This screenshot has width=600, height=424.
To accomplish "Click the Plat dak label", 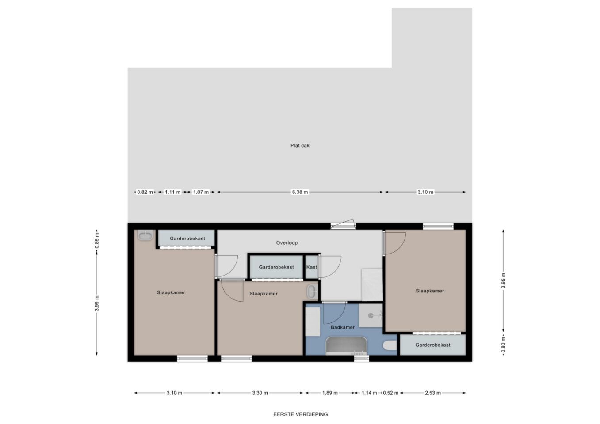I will [x=300, y=145].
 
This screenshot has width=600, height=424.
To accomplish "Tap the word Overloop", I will [x=287, y=243].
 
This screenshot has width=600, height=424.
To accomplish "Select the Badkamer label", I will [x=343, y=327].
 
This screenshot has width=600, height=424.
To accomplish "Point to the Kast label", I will [x=312, y=267].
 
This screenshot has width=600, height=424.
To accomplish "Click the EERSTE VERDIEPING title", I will [x=300, y=414].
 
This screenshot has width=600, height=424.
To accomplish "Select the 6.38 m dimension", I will [x=300, y=192].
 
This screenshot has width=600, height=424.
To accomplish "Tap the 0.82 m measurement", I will [x=145, y=192].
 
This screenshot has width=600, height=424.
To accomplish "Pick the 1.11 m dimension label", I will [x=172, y=192].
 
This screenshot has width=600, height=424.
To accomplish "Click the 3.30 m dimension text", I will [x=260, y=393].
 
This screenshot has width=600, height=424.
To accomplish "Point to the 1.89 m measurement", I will [x=330, y=393].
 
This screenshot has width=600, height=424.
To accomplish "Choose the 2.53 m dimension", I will [x=433, y=393].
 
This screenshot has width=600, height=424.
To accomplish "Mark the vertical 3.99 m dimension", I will [x=97, y=303].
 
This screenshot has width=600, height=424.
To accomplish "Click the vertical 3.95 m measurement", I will [x=503, y=281].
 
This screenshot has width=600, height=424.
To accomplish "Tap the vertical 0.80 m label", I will [x=503, y=345].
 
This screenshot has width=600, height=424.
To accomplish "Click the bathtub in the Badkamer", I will [x=346, y=346].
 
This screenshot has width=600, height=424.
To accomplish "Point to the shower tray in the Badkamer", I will [x=371, y=315].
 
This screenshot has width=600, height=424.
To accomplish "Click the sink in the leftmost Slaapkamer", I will [x=145, y=235].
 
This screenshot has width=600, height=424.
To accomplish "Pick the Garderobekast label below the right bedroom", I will [x=432, y=345].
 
